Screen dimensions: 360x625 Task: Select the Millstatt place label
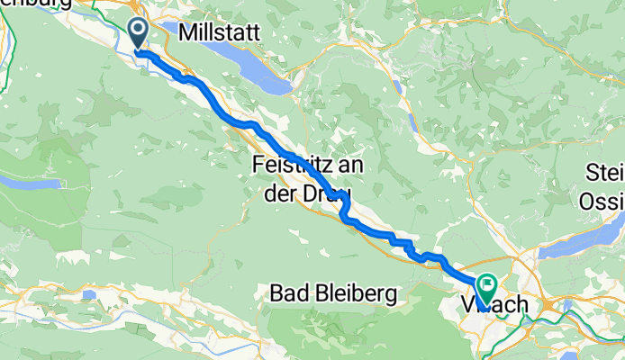[x=220, y=32]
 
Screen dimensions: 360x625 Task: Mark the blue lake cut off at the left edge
[x=16, y=182]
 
